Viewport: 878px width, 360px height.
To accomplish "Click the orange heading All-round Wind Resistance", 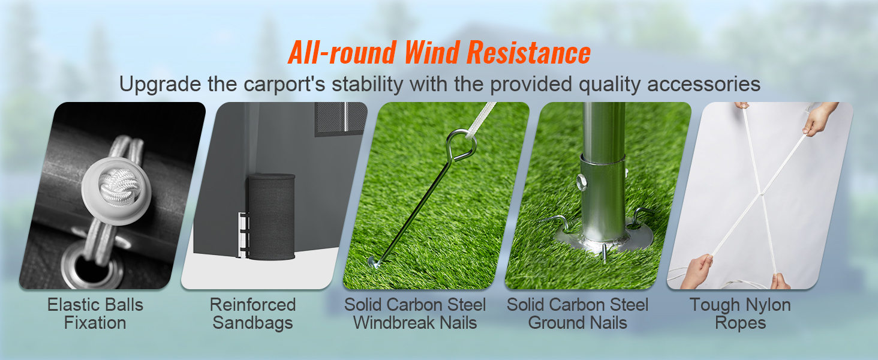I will [x=439, y=53].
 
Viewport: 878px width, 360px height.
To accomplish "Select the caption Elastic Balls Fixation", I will [x=95, y=314].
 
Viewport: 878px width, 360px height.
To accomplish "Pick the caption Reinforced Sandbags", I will [x=252, y=314].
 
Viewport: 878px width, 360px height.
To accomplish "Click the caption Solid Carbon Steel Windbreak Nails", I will [x=415, y=314].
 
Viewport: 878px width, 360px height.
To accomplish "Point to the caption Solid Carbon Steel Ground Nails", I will [x=578, y=314].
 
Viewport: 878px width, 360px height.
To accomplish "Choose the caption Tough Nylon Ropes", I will [x=740, y=314].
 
